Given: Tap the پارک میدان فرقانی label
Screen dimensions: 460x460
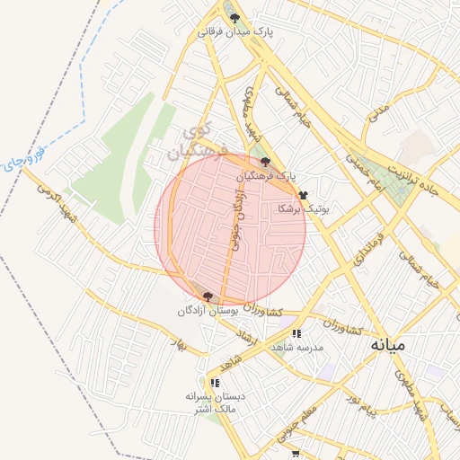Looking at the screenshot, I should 235,31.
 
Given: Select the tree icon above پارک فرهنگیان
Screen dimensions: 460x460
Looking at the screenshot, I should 265,162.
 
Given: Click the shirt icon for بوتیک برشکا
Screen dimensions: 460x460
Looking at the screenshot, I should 303,194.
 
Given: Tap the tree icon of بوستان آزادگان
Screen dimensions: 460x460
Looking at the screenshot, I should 208,296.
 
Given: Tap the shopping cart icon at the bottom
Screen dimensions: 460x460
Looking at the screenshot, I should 296,455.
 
